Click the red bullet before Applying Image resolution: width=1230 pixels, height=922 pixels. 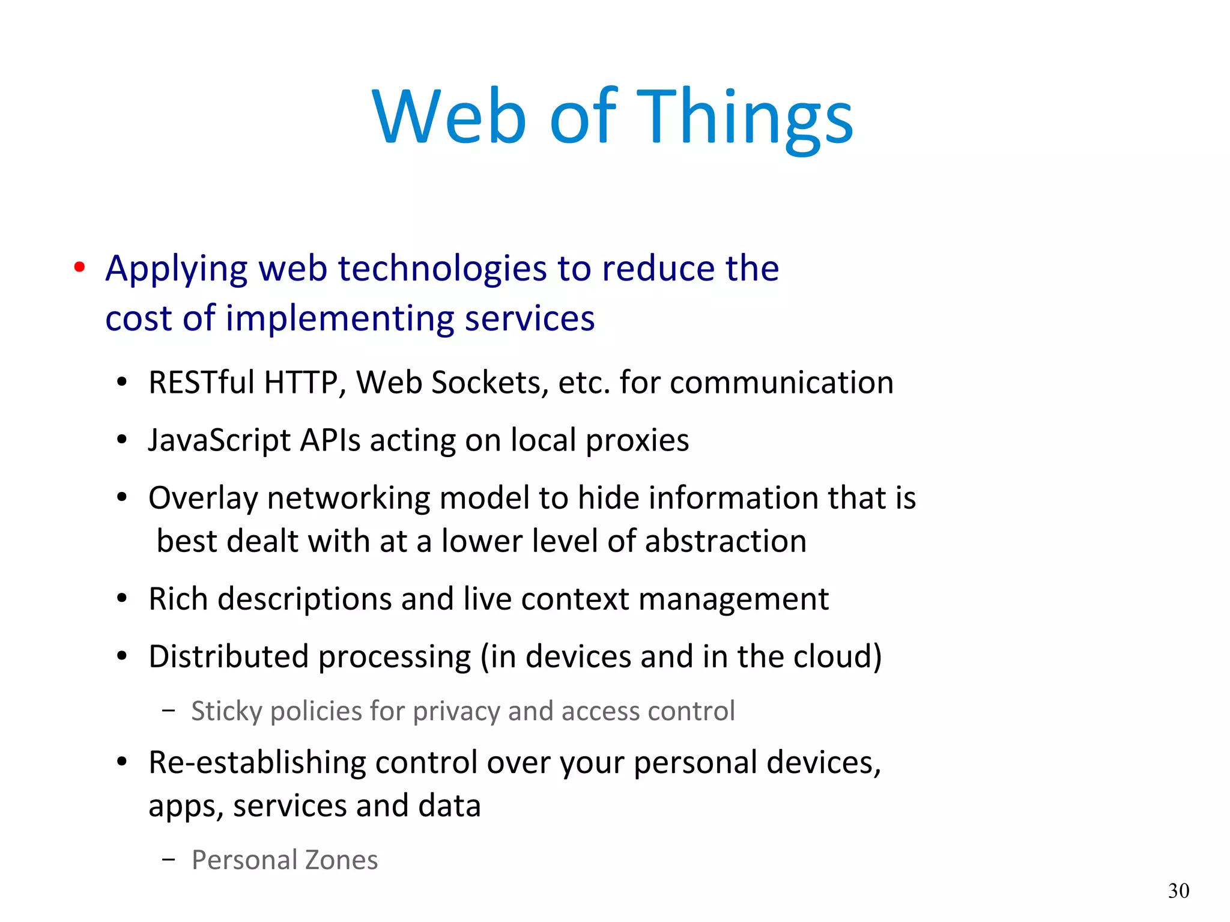tap(79, 267)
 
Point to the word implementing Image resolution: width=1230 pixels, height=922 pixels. tap(340, 318)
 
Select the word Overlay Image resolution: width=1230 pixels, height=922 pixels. tap(203, 499)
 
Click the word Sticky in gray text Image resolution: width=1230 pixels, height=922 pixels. tap(226, 712)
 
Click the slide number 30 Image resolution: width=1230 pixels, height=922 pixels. tap(1178, 891)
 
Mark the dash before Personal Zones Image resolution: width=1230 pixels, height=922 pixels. tap(169, 860)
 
